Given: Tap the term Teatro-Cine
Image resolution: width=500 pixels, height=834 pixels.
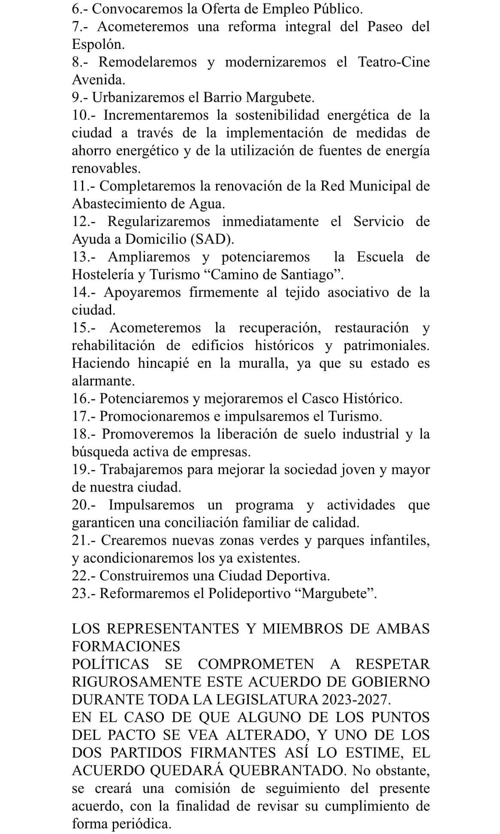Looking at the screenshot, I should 394,62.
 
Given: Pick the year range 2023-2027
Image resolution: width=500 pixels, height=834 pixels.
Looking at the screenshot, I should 355,700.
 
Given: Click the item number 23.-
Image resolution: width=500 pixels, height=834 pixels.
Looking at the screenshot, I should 84,594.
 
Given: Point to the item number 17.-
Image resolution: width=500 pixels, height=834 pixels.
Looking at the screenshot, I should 84,417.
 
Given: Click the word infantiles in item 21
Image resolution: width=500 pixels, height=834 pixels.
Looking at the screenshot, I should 400,541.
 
